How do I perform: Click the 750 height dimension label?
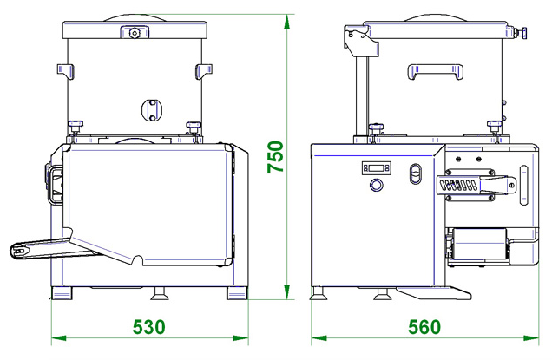(x=275, y=157)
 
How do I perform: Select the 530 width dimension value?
(x=149, y=327)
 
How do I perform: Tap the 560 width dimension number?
(x=424, y=327)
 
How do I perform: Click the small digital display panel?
(x=377, y=168)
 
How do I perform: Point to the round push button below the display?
(x=377, y=185)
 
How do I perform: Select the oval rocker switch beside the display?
(x=416, y=173)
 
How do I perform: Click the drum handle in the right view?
(x=436, y=72)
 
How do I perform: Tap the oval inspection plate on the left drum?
(x=152, y=110)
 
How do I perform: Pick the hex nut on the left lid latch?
(x=135, y=33)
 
